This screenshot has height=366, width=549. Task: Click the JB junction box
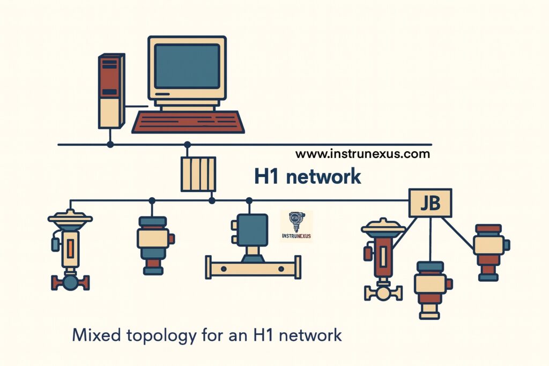click(431, 203)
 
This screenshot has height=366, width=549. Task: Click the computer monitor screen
click(187, 66)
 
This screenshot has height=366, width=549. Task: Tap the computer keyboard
click(188, 122)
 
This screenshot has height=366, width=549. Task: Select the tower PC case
click(112, 91)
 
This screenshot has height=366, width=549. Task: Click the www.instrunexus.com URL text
click(362, 154)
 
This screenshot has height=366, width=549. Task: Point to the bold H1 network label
click(307, 176)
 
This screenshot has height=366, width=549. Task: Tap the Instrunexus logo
click(296, 226)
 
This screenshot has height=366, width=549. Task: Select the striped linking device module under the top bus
click(198, 174)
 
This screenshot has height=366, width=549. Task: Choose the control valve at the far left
click(70, 250)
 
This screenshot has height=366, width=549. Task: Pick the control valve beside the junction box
click(383, 259)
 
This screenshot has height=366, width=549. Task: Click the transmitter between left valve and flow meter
click(155, 245)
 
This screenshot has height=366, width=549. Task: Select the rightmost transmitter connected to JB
click(491, 252)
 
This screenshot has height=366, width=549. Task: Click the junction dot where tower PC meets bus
click(110, 144)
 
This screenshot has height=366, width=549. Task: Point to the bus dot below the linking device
click(212, 200)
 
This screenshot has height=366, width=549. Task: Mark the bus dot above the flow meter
click(249, 200)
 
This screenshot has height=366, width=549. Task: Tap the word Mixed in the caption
click(97, 335)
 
